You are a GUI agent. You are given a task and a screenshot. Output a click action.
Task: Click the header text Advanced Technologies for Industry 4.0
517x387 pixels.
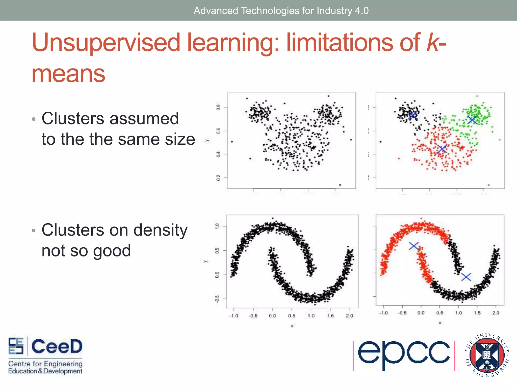281,11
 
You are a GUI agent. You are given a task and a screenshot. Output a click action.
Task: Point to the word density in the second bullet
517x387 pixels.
160,230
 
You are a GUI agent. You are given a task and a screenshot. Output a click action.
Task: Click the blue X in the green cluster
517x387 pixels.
472,120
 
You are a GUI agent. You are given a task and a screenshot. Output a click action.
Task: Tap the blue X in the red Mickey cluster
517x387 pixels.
442,149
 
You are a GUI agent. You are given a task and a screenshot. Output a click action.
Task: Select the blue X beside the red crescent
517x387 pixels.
414,246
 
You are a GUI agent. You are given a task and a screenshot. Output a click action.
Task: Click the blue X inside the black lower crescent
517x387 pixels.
466,277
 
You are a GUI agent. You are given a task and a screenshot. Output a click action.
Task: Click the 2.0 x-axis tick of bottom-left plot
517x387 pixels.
349,316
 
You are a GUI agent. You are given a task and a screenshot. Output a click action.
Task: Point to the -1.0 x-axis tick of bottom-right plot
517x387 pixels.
383,313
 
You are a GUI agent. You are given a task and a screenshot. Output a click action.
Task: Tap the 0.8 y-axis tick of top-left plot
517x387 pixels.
218,107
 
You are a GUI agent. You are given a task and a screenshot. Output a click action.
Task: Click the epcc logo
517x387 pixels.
403,355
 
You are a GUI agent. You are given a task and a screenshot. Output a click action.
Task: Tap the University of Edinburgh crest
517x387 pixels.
487,355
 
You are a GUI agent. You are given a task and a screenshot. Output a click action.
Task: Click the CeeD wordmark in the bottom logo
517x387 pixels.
57,346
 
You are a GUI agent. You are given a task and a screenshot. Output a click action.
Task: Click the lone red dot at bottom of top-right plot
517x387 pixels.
488,185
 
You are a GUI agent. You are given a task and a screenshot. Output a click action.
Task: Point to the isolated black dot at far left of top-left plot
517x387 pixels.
232,142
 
